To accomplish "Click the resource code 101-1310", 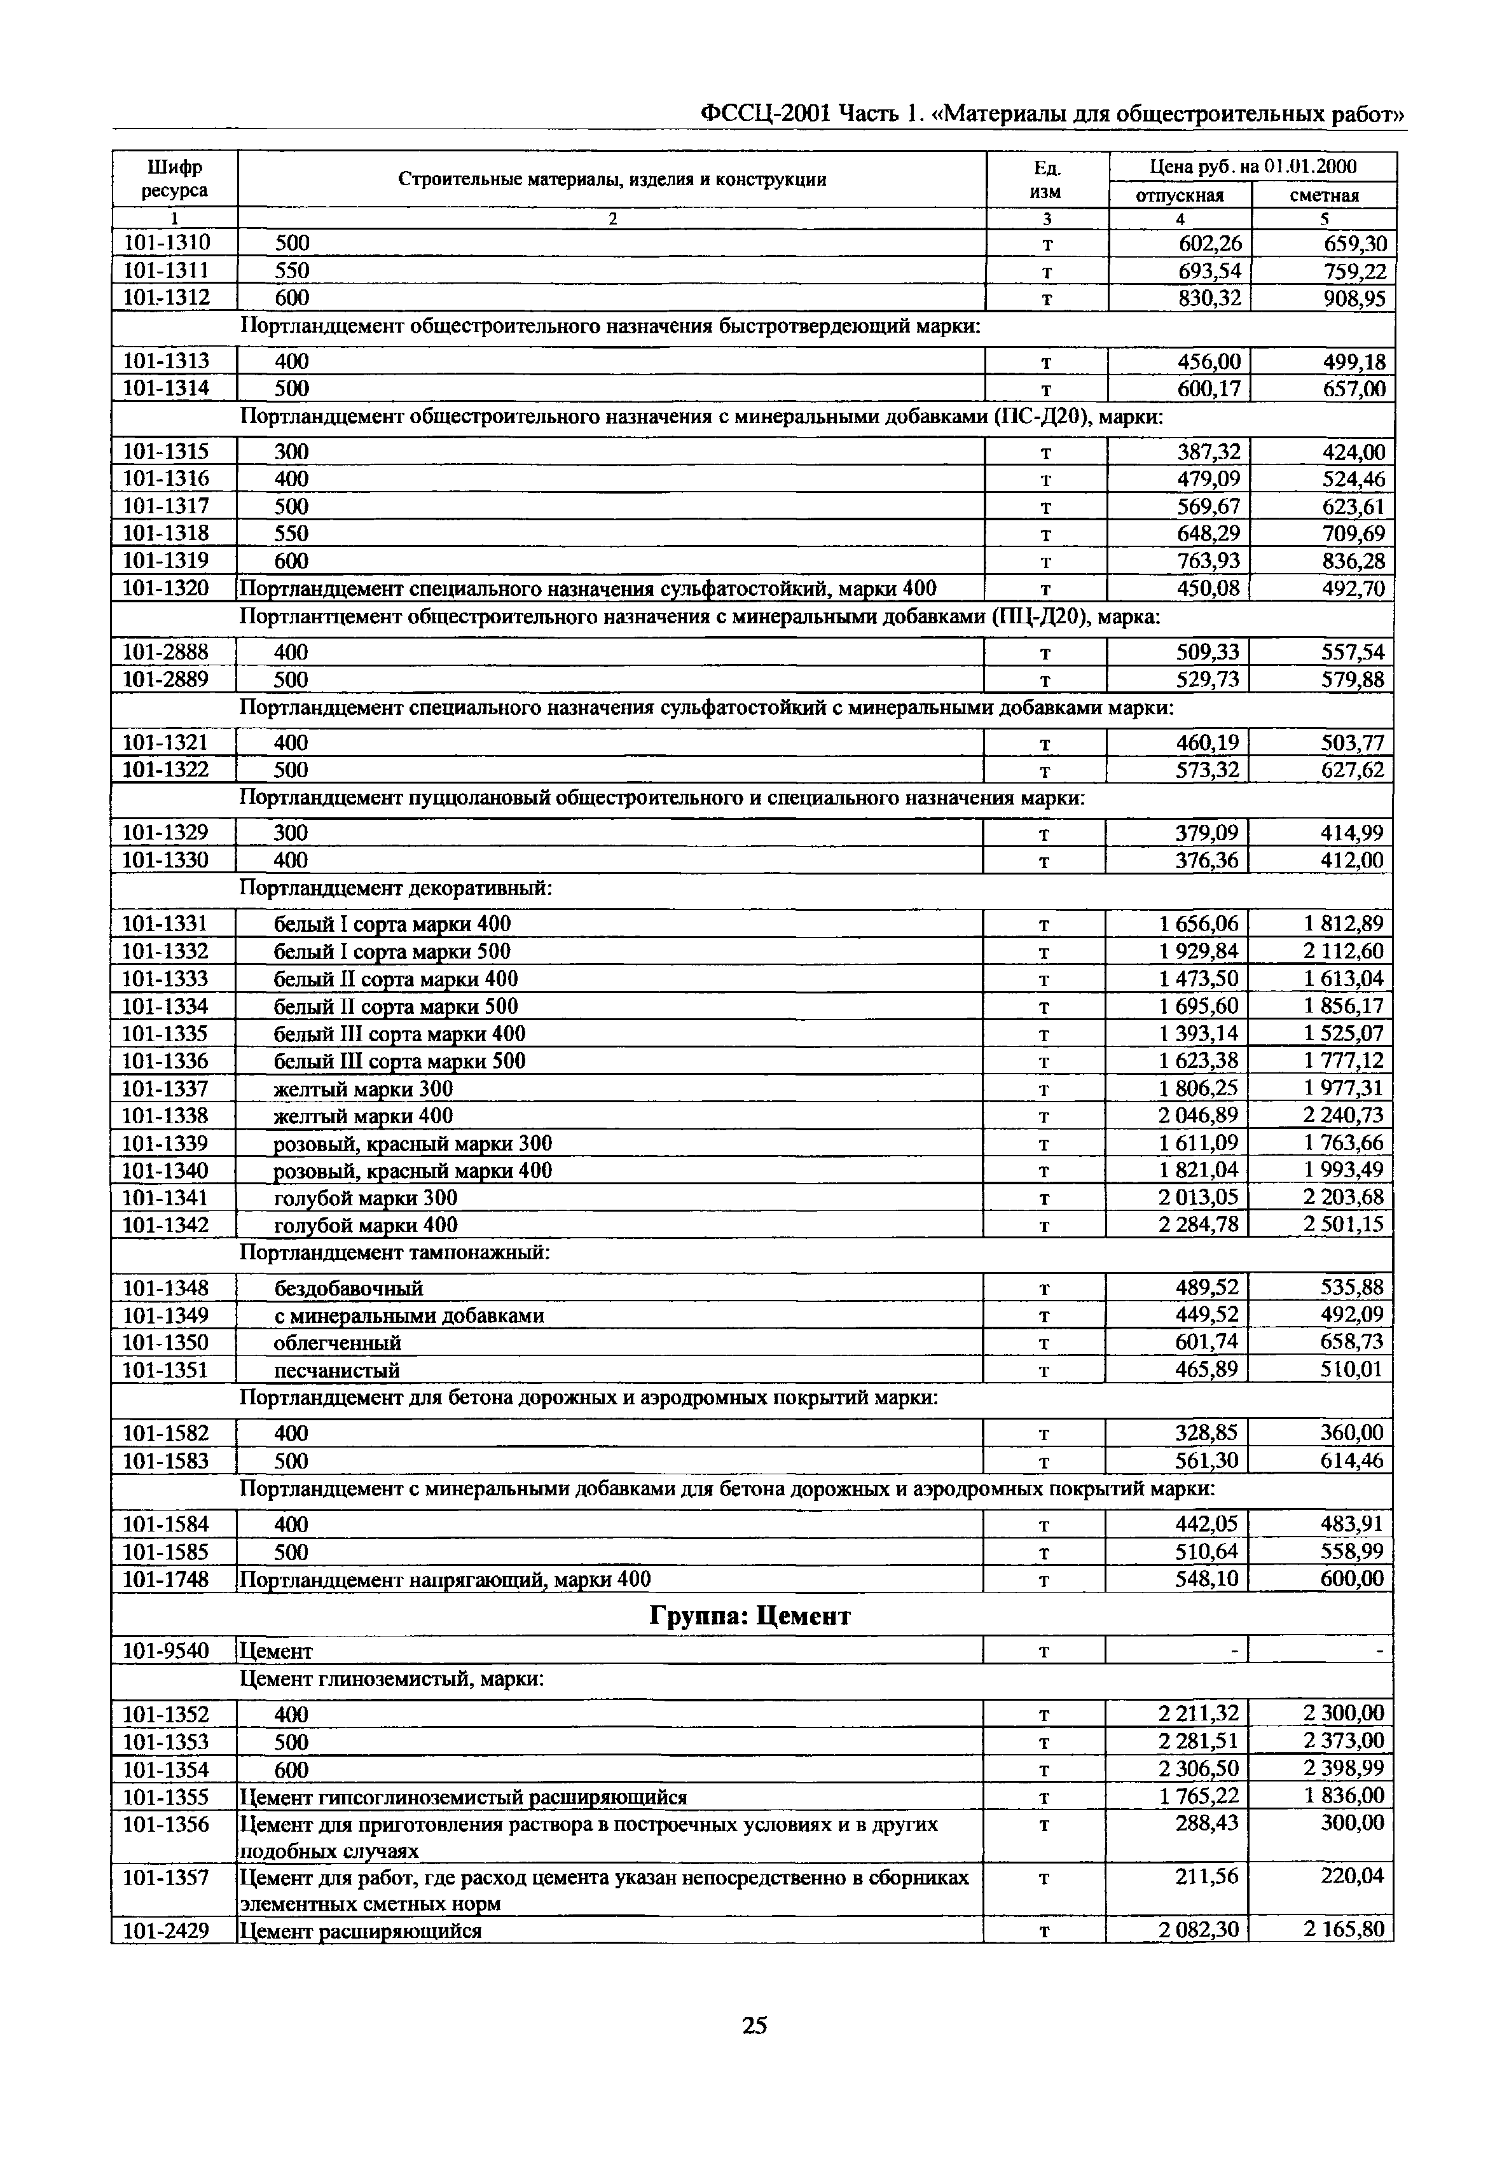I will point(167,243).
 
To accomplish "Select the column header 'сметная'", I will point(1323,195).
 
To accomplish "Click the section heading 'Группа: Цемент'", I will point(750,1615).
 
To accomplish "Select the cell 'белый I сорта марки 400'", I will point(392,923).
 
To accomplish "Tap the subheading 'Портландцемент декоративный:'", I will point(396,888).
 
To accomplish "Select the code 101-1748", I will point(167,1579).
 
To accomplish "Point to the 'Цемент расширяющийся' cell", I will point(361,1930).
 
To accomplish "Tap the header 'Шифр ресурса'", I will point(174,179).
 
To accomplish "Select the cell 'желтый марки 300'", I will point(362,1089).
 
